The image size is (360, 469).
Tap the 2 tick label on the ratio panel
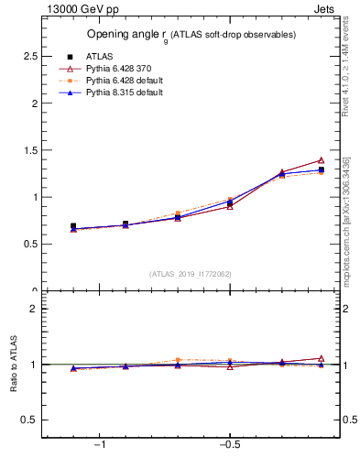point(33,309)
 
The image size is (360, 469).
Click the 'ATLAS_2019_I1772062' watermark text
point(191,274)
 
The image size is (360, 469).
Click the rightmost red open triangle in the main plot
point(321,160)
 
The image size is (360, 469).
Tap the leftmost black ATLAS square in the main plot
point(73,226)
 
